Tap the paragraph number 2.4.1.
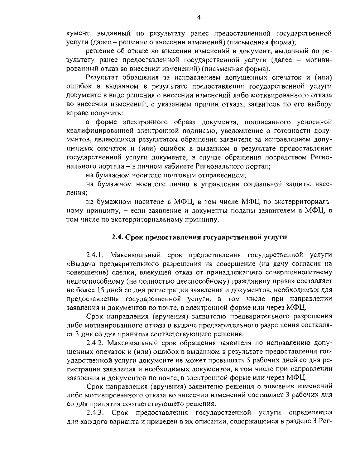[x=95, y=255]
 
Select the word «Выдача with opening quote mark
[x=81, y=264]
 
